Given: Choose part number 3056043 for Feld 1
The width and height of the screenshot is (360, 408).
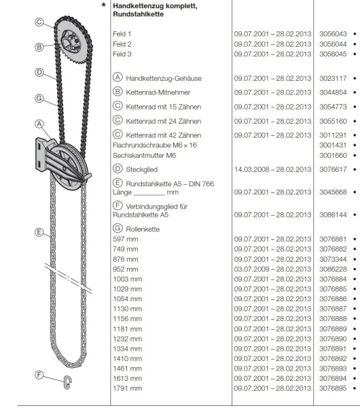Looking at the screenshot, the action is click(332, 32).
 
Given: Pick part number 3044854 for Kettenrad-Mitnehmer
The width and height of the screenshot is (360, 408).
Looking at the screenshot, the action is click(332, 91).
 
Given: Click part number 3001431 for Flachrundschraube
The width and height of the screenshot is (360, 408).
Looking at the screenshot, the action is click(332, 145).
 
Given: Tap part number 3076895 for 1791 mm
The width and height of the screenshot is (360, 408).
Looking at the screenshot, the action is click(332, 388).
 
